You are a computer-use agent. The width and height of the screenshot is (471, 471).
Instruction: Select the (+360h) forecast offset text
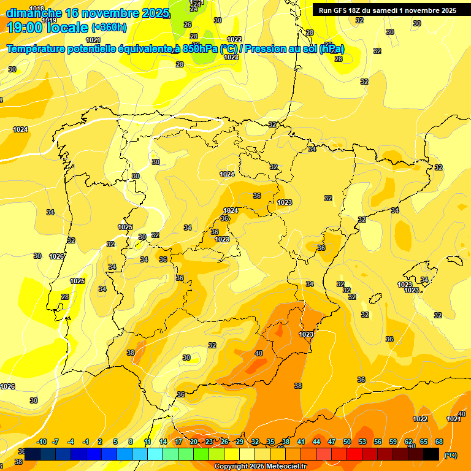click(x=109, y=28)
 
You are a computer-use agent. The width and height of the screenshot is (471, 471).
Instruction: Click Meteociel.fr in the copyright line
click(x=284, y=467)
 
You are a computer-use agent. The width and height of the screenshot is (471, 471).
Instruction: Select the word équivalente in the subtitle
click(x=136, y=48)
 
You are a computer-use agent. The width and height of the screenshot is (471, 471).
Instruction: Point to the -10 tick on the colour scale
click(x=42, y=442)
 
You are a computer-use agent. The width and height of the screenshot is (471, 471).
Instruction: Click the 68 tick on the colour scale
click(x=439, y=442)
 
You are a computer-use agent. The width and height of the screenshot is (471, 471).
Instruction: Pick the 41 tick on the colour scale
click(x=301, y=442)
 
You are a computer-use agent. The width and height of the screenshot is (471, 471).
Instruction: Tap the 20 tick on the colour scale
click(x=194, y=442)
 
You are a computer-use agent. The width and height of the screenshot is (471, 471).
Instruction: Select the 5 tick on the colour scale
click(x=116, y=442)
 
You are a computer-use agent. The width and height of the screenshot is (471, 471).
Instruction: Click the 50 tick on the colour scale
click(x=347, y=442)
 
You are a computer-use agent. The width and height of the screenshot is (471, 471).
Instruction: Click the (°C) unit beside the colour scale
click(x=451, y=455)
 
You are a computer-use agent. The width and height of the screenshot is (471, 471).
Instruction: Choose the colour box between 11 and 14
click(x=155, y=454)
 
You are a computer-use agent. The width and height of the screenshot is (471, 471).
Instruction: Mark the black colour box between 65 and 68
click(x=431, y=454)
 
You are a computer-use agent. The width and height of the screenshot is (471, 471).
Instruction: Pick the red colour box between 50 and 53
click(x=354, y=454)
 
